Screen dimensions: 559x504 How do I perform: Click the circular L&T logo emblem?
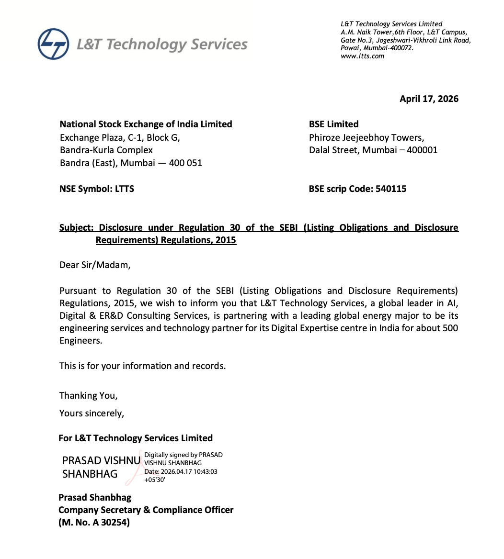(53, 44)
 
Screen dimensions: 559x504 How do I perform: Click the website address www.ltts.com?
(362, 56)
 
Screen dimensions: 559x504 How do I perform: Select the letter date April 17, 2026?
(429, 99)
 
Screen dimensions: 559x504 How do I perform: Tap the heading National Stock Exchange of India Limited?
(146, 124)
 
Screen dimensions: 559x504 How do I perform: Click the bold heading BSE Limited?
(333, 124)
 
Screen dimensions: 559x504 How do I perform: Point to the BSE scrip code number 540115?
(391, 189)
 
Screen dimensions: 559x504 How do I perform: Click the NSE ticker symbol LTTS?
(125, 189)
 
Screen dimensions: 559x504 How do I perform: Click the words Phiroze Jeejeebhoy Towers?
(366, 138)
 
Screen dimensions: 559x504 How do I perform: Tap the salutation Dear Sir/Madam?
(94, 265)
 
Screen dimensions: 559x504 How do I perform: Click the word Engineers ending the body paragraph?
(80, 341)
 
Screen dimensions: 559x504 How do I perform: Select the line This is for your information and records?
(142, 366)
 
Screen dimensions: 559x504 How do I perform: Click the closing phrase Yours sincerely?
(92, 414)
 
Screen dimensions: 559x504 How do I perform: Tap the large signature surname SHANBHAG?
(90, 474)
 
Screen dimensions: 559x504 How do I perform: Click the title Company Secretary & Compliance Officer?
(146, 510)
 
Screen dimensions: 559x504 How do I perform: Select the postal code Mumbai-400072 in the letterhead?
(388, 48)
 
